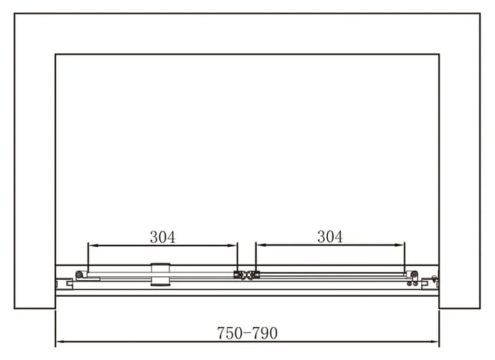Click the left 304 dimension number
pos(162,237)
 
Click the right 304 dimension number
pos(330,237)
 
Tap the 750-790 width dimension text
pos(247,333)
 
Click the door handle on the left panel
pos(160,275)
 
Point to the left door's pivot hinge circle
pos(79,275)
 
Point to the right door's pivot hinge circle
pos(414,275)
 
